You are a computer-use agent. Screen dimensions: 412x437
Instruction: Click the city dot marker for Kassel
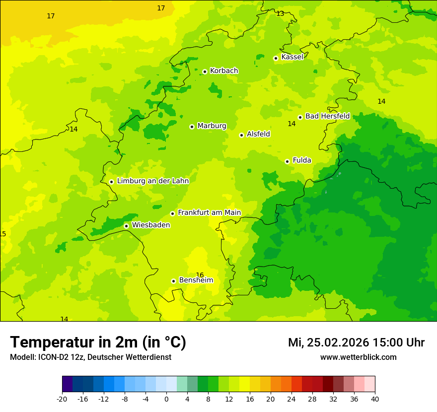(276, 58)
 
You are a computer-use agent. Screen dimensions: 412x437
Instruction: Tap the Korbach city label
(224, 71)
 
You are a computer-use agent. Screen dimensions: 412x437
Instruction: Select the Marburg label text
(212, 126)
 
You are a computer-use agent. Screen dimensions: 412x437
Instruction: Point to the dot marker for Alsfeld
(241, 135)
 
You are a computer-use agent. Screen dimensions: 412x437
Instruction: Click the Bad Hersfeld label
(327, 116)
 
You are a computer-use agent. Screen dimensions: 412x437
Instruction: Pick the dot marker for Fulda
(287, 161)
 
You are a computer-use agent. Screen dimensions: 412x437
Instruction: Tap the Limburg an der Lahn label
(153, 181)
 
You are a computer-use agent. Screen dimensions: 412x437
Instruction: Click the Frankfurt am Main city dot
(172, 213)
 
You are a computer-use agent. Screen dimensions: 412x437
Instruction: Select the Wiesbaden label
(151, 225)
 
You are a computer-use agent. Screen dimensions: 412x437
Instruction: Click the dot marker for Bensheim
(173, 281)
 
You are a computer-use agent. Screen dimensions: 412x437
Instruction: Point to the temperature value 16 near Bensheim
(200, 275)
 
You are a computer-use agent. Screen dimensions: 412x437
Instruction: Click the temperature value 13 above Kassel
(280, 13)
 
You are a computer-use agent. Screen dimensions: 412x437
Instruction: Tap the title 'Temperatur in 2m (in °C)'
(98, 343)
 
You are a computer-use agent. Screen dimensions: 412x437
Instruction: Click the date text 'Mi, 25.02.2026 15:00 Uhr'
(356, 343)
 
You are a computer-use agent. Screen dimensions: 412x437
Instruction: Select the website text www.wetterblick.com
(358, 357)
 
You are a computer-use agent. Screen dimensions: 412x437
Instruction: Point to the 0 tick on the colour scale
(166, 399)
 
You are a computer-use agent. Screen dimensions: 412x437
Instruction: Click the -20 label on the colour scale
(62, 399)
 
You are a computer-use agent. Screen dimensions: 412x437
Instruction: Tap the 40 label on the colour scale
(375, 399)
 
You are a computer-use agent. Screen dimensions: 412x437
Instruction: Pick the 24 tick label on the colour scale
(291, 399)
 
